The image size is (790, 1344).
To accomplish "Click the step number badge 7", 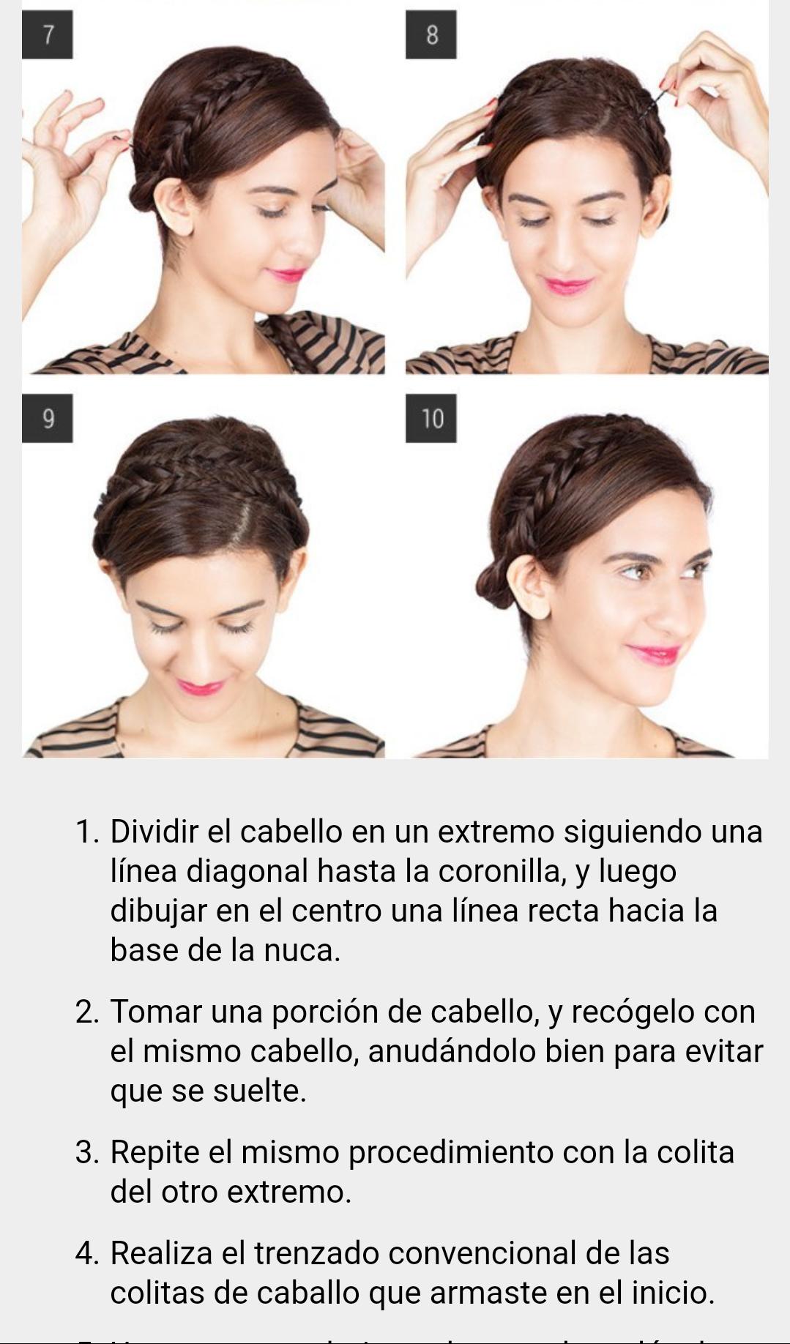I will [x=47, y=34].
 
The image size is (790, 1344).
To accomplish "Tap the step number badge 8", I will [x=431, y=34].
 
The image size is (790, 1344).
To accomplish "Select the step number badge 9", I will [x=47, y=418].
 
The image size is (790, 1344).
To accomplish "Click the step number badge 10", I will [x=431, y=418].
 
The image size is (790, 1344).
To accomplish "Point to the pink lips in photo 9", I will [x=199, y=687].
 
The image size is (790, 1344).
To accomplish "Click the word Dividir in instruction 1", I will [x=154, y=832].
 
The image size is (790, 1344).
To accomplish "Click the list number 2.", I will [x=86, y=1012].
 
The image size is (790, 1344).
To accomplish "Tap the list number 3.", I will [x=86, y=1152].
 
